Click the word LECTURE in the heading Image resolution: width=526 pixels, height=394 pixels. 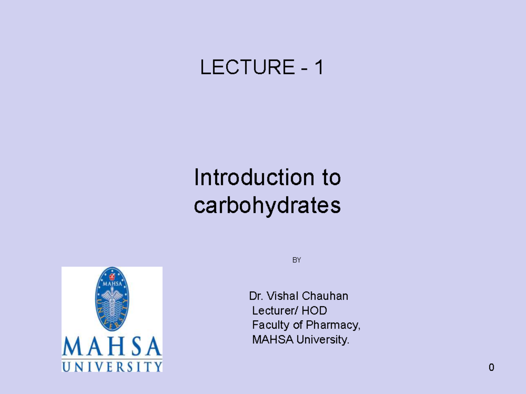(x=247, y=67)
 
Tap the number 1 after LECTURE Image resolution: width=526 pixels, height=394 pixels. (x=319, y=67)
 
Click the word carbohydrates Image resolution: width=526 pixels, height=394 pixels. (x=267, y=206)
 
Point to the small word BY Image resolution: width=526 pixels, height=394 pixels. (x=297, y=260)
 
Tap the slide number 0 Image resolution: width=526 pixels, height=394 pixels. (x=491, y=367)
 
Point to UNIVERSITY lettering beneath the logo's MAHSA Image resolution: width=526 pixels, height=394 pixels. (x=112, y=366)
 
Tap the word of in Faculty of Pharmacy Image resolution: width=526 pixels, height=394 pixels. (x=298, y=325)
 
